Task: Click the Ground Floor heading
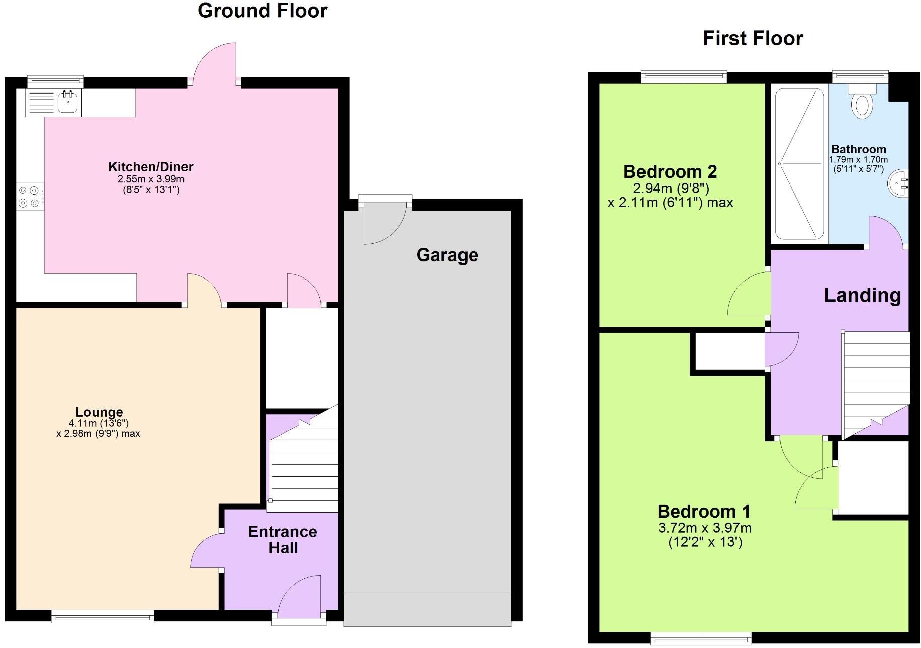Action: tap(262, 11)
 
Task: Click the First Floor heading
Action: tap(753, 38)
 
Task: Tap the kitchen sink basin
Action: tap(67, 102)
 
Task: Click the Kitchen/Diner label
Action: tap(150, 167)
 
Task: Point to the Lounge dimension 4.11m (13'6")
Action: tap(99, 424)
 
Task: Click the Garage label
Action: tap(447, 255)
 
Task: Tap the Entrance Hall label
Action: tap(283, 540)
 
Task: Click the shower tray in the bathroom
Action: tap(799, 164)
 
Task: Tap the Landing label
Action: tap(862, 295)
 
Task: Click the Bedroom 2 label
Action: tap(670, 172)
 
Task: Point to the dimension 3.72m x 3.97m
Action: tap(704, 528)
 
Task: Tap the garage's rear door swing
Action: tap(383, 224)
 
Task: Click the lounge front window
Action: tap(103, 616)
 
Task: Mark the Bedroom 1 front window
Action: tap(700, 638)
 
